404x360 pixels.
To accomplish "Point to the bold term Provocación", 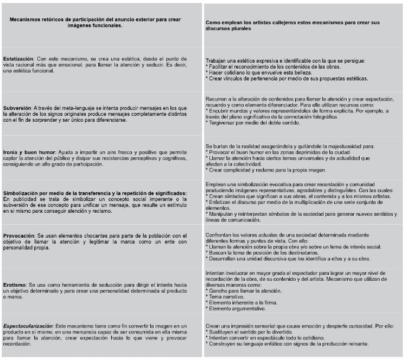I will click(x=19, y=235).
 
